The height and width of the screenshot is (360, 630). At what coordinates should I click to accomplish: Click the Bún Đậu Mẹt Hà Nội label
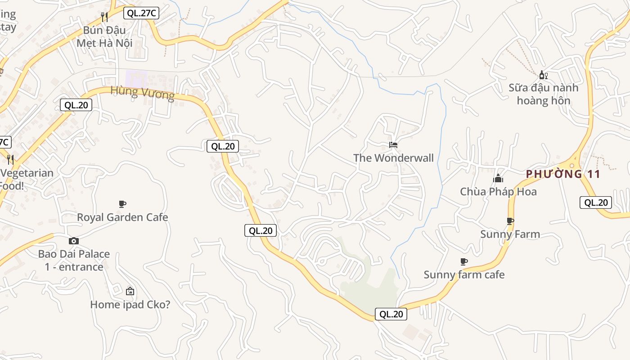coord(104,36)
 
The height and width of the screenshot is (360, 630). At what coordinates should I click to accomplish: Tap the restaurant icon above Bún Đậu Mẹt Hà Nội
coord(104,17)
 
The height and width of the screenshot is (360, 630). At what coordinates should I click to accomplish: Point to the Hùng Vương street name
coord(142,93)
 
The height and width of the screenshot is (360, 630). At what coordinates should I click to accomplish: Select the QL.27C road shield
coord(141,13)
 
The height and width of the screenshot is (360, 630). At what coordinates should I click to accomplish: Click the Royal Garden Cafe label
coord(122,217)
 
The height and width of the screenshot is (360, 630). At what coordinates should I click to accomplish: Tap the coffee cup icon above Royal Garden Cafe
coord(122,204)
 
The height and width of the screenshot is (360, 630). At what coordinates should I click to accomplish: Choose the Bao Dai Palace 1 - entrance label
coord(74,260)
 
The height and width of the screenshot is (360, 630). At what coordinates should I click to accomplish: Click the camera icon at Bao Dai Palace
coord(74,241)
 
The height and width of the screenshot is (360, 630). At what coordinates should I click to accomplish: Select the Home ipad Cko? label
coord(130,305)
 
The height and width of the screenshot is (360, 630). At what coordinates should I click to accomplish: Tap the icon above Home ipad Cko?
coord(130,291)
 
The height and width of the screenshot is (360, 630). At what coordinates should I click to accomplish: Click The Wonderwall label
coord(393,158)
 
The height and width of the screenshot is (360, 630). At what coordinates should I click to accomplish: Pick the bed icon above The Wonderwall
coord(393,145)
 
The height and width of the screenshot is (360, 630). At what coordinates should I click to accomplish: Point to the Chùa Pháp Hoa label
coord(498,192)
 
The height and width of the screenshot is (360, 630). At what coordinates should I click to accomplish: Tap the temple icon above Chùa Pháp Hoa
coord(498,179)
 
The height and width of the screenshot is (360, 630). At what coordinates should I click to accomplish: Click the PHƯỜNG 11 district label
coord(563,174)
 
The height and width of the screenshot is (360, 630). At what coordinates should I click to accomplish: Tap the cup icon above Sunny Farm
coord(510,221)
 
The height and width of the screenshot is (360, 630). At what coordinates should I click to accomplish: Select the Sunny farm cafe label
coord(464,274)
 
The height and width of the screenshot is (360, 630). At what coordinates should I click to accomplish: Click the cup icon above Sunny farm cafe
coord(464,261)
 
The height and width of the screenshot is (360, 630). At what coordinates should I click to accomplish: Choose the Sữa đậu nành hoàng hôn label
coord(543,94)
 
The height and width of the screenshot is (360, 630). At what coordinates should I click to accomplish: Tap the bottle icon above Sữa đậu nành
coord(543,75)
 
